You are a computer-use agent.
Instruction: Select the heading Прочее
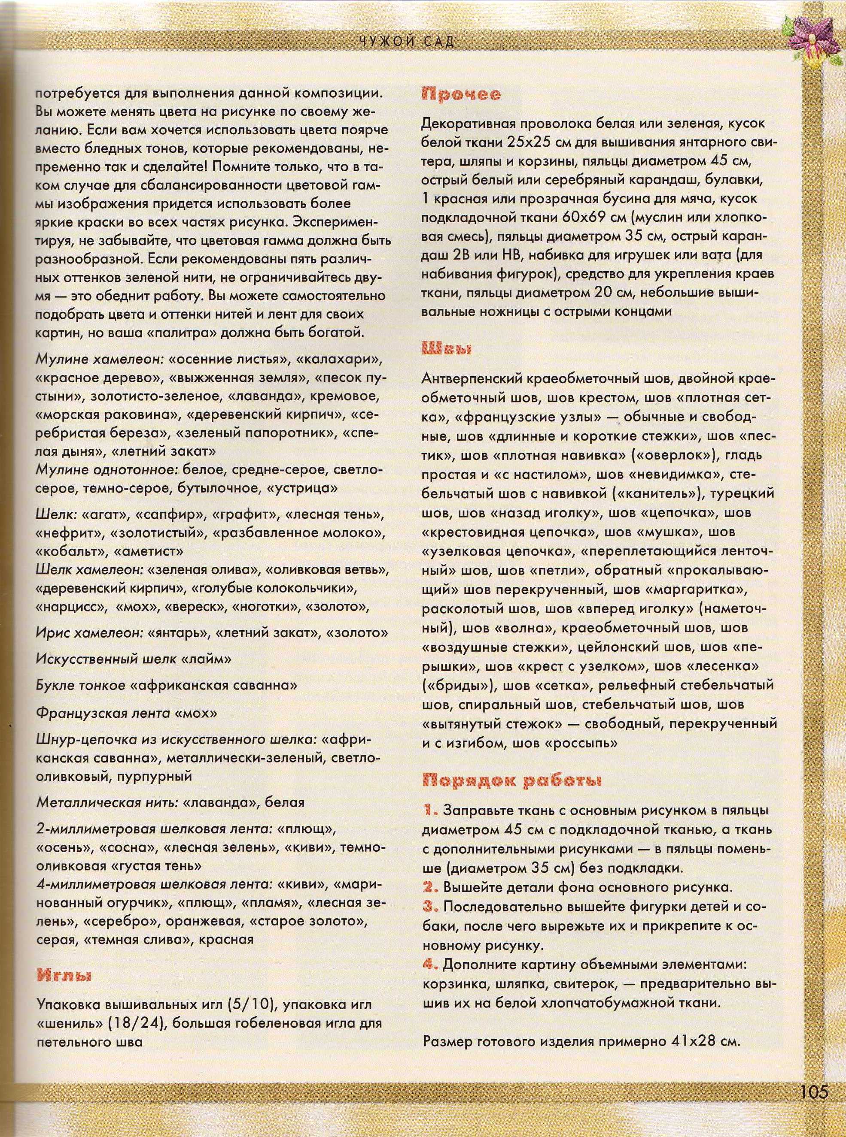tap(461, 95)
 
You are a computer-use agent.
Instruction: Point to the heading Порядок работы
tap(511, 780)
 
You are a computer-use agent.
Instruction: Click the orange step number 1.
tap(430, 810)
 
